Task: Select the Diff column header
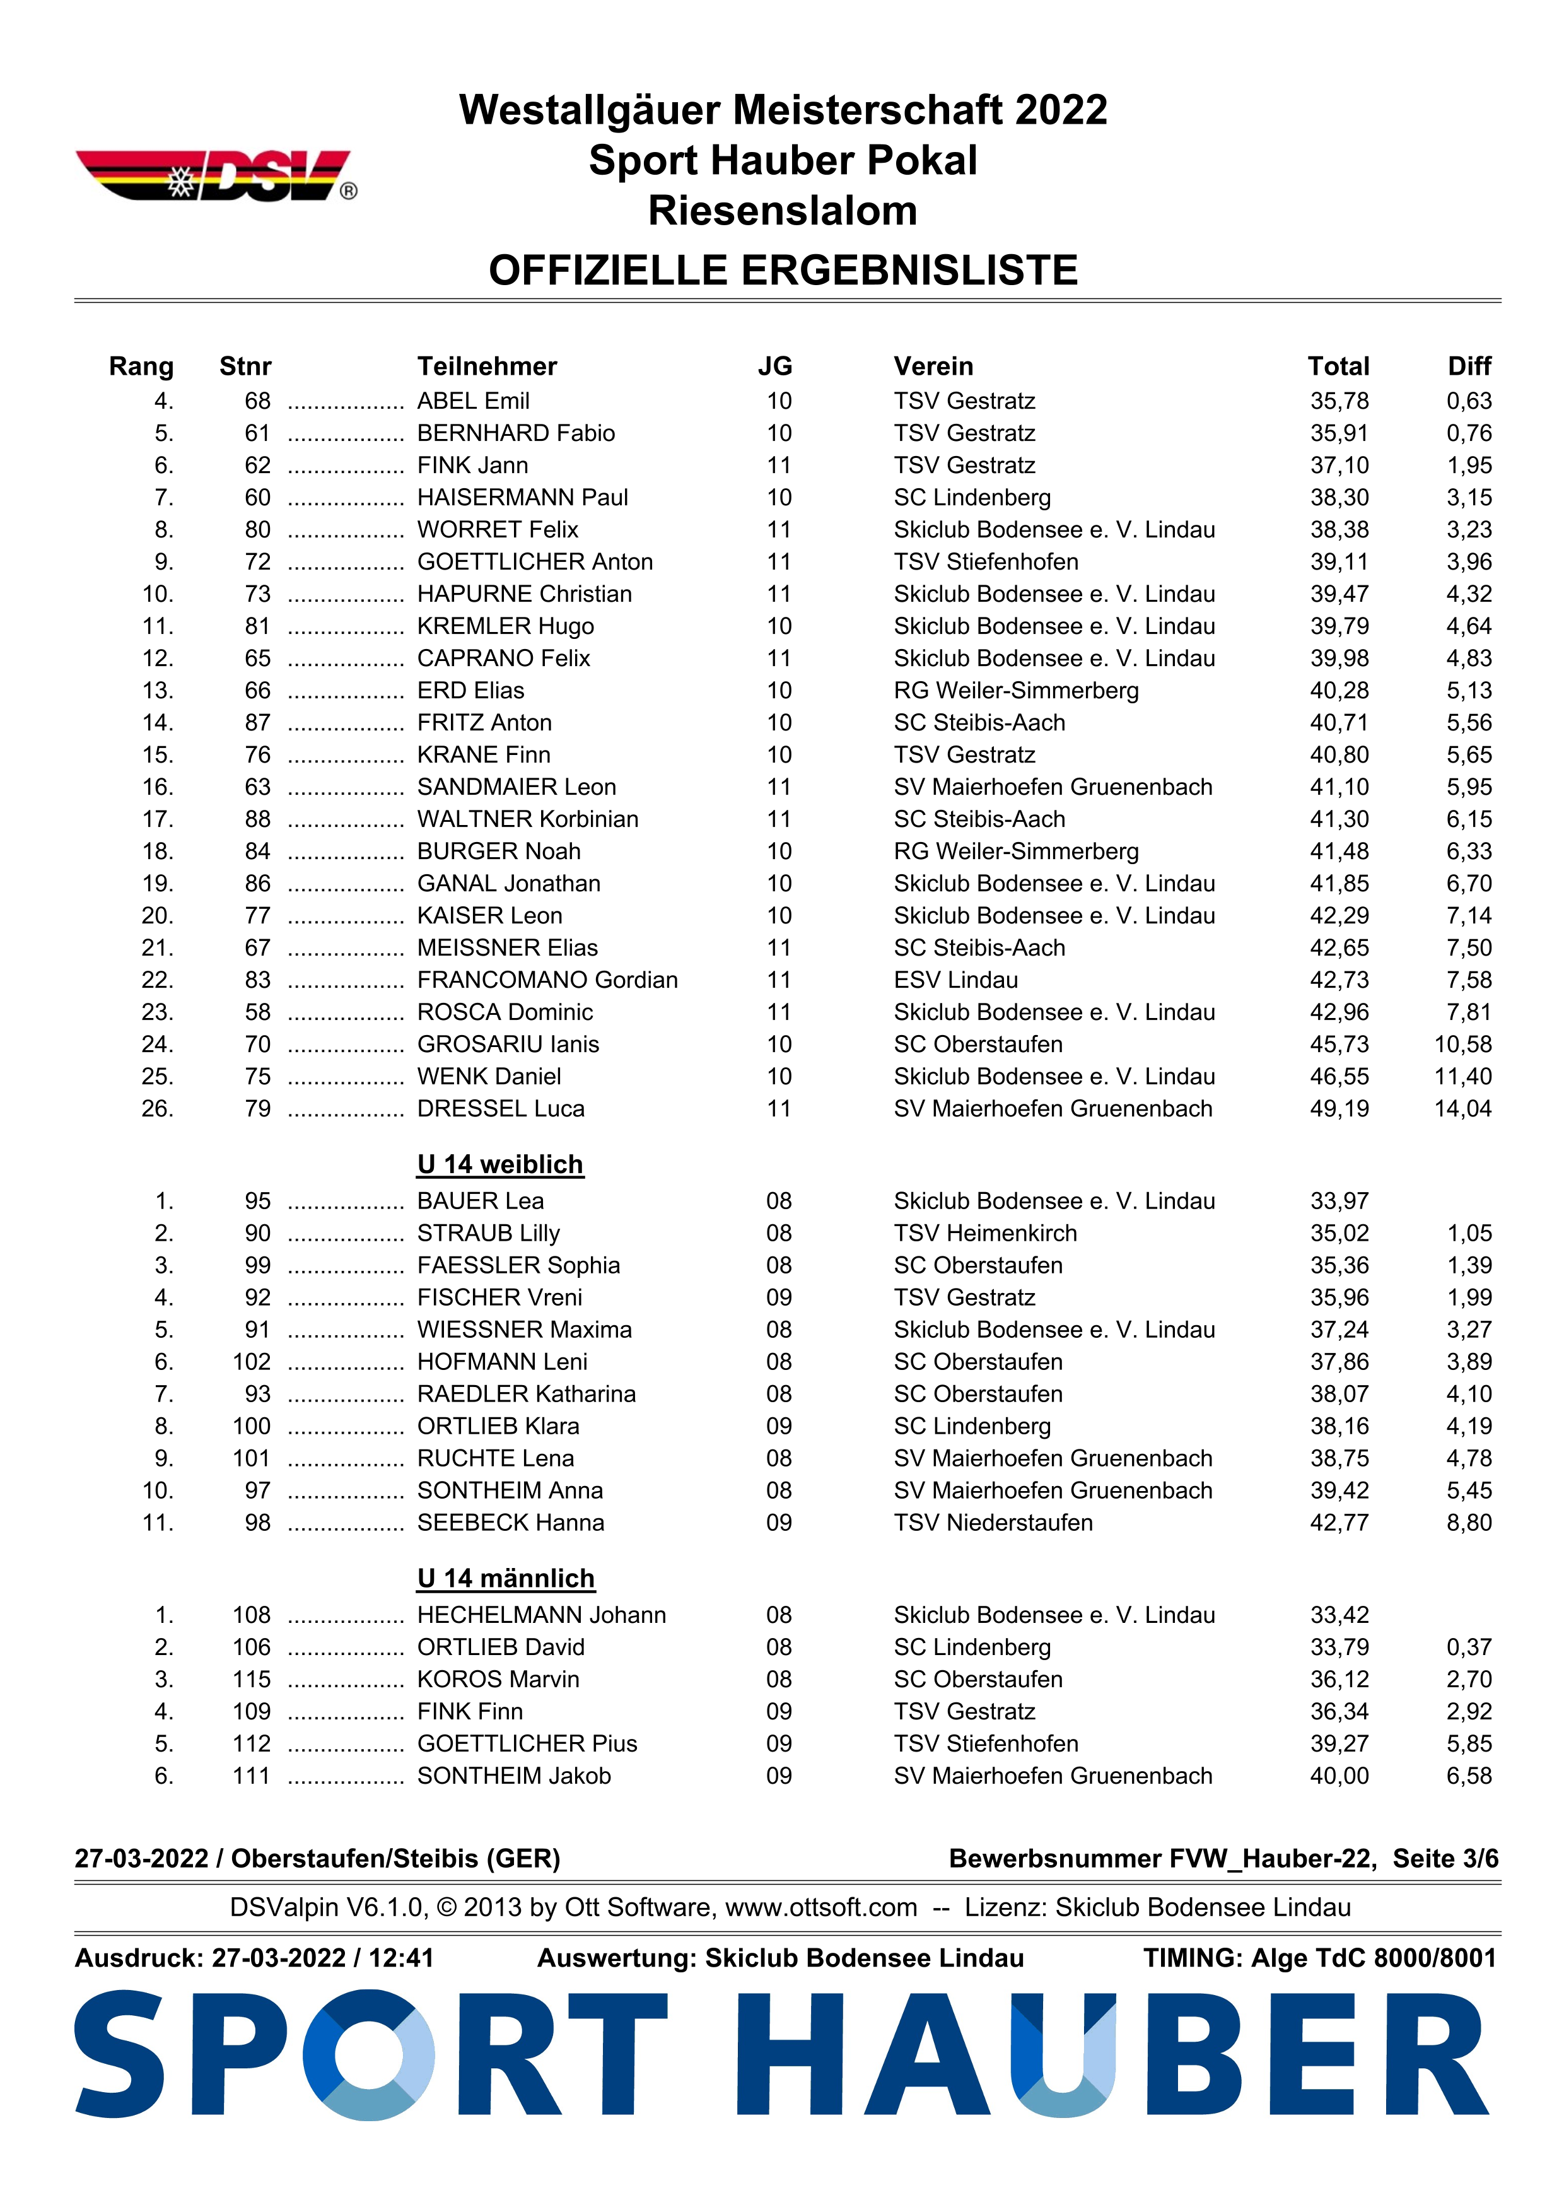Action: [x=1469, y=366]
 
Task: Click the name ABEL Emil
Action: [x=473, y=401]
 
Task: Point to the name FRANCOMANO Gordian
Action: [x=547, y=980]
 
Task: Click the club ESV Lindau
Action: [x=955, y=980]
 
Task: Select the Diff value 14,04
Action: [x=1462, y=1109]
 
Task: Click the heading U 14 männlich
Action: [x=506, y=1578]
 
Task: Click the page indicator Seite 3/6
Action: [x=1445, y=1858]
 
